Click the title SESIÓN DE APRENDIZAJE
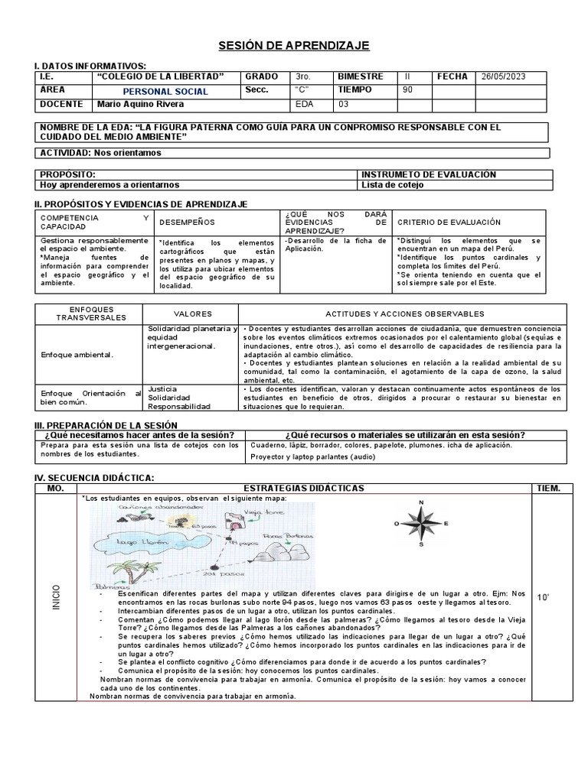point(295,47)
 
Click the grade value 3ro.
point(302,77)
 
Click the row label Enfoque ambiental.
point(77,355)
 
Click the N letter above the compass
point(420,502)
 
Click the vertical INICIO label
point(55,597)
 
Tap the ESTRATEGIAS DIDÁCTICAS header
point(303,488)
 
